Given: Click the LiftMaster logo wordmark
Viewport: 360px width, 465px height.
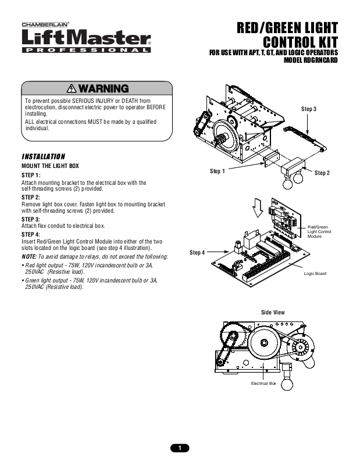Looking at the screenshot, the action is (86, 37).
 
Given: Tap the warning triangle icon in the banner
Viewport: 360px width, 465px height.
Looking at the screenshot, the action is (72, 88).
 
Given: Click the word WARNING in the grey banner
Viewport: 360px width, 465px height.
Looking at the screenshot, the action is (104, 89).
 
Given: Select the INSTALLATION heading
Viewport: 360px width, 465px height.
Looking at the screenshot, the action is (44, 156).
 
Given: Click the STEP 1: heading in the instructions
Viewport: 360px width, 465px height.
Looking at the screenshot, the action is (31, 175).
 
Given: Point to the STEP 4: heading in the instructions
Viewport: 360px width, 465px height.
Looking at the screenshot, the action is (31, 234).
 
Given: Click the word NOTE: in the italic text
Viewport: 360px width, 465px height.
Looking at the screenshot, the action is (29, 256).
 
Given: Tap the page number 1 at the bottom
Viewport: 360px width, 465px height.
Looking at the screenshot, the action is (180, 448).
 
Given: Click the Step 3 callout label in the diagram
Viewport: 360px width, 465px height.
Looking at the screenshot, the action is (309, 109).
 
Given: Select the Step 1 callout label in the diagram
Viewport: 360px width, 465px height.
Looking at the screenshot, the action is (218, 171).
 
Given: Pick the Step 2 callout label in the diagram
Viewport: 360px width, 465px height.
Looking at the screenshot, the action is (322, 173).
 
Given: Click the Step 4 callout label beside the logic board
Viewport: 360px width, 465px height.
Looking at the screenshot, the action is (197, 252).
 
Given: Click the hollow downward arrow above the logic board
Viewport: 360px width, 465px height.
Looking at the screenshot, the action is (258, 208).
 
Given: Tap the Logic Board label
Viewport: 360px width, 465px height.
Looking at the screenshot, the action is (315, 273).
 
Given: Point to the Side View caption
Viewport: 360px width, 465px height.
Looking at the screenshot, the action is (273, 312).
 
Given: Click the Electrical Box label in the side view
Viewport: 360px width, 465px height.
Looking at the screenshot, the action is (263, 384).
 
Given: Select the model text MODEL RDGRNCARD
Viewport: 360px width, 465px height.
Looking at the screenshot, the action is (311, 60).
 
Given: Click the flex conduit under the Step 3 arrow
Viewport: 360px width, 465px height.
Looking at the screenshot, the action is (304, 138).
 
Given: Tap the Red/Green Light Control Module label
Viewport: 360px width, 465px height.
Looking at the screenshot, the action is (319, 231).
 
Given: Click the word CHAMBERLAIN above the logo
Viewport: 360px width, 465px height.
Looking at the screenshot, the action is (45, 25).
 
